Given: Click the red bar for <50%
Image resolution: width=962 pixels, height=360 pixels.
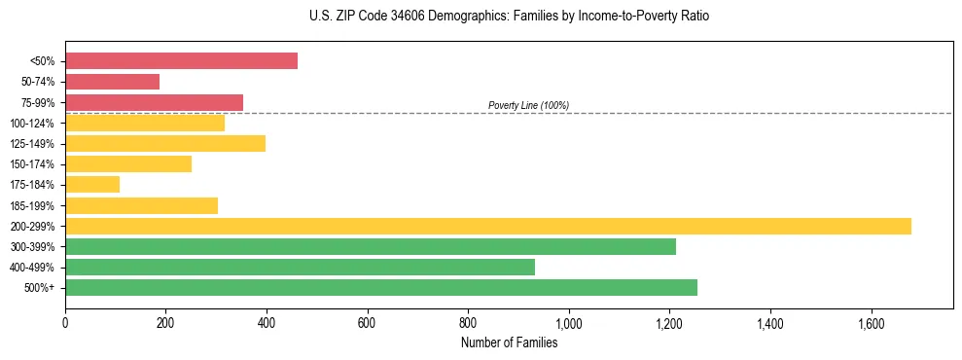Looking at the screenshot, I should (181, 61).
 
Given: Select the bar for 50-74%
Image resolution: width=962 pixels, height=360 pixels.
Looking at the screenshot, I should (112, 82).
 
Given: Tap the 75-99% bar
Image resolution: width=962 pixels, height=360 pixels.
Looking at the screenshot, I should (154, 102).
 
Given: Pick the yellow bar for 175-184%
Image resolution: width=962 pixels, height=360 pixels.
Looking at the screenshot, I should (92, 184).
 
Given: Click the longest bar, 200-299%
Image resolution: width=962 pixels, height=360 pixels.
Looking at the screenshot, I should (487, 226).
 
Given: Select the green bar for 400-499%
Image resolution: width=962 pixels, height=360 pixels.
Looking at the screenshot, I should (300, 267).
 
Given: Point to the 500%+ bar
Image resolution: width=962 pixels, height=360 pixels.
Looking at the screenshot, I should (380, 287).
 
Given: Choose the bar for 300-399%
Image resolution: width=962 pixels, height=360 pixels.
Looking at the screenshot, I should (370, 246).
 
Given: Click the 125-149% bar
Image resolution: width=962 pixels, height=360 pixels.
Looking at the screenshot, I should (165, 143).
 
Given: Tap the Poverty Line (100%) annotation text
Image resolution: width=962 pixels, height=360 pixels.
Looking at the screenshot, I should (528, 105).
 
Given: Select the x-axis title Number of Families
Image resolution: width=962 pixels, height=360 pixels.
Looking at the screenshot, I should (509, 342).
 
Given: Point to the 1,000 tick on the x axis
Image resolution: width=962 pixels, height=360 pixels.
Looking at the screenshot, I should (568, 322).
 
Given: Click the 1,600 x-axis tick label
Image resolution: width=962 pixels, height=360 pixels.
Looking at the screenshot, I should (871, 322).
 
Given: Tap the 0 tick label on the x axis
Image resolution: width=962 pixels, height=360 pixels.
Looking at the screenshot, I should (65, 322).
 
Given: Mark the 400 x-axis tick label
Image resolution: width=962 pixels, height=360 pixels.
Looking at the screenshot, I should (266, 322).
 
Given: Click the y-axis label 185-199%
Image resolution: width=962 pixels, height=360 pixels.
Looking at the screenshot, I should (35, 205).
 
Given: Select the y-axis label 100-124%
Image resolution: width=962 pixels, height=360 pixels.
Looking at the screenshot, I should (35, 124).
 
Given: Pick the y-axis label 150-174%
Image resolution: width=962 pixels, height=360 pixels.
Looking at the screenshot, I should (35, 164).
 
